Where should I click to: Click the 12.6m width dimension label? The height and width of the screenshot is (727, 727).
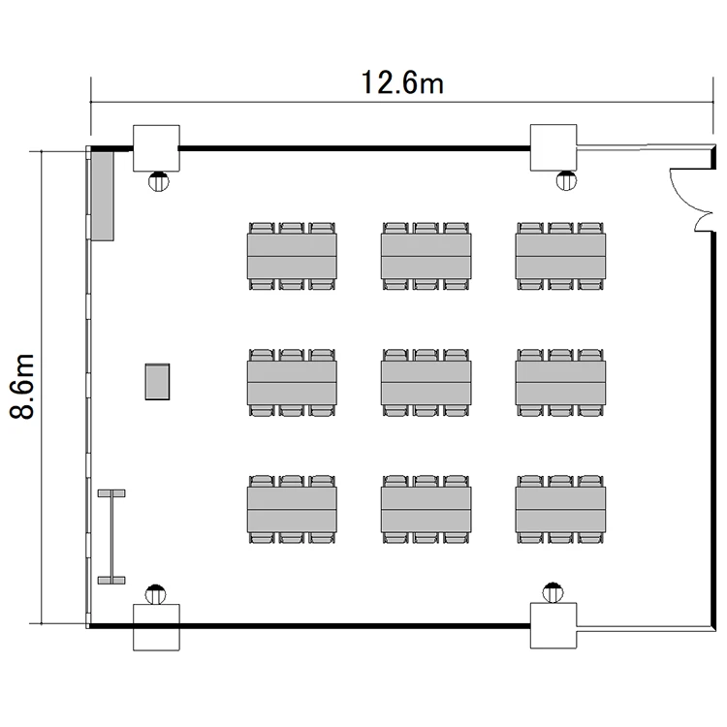[402, 82]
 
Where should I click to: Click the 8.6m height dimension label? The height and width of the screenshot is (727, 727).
[21, 386]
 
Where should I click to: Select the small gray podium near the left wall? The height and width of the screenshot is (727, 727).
[157, 382]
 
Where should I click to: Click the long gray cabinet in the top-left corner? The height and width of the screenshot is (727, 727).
[103, 196]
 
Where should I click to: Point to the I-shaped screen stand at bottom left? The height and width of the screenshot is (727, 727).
[111, 536]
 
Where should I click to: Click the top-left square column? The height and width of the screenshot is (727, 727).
[156, 148]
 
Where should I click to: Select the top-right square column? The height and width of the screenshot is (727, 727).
[553, 147]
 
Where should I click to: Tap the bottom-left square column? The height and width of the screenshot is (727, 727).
[156, 627]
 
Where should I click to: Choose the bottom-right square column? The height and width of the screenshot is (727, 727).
[553, 625]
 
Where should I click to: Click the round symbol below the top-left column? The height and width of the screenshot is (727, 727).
[159, 181]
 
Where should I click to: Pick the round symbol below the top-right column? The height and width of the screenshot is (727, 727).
[566, 180]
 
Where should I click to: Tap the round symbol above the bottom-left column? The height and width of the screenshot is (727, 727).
[155, 594]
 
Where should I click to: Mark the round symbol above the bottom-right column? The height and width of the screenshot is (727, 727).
[553, 592]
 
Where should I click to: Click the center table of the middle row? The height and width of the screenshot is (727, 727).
[427, 383]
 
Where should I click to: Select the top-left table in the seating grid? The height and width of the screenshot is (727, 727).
[292, 256]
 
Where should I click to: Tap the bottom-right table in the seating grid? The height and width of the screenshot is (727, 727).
[560, 509]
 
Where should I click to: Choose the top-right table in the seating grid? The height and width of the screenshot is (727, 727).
[560, 256]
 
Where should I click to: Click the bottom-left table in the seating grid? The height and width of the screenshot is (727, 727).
[292, 509]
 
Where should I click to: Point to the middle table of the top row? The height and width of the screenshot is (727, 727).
[427, 256]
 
